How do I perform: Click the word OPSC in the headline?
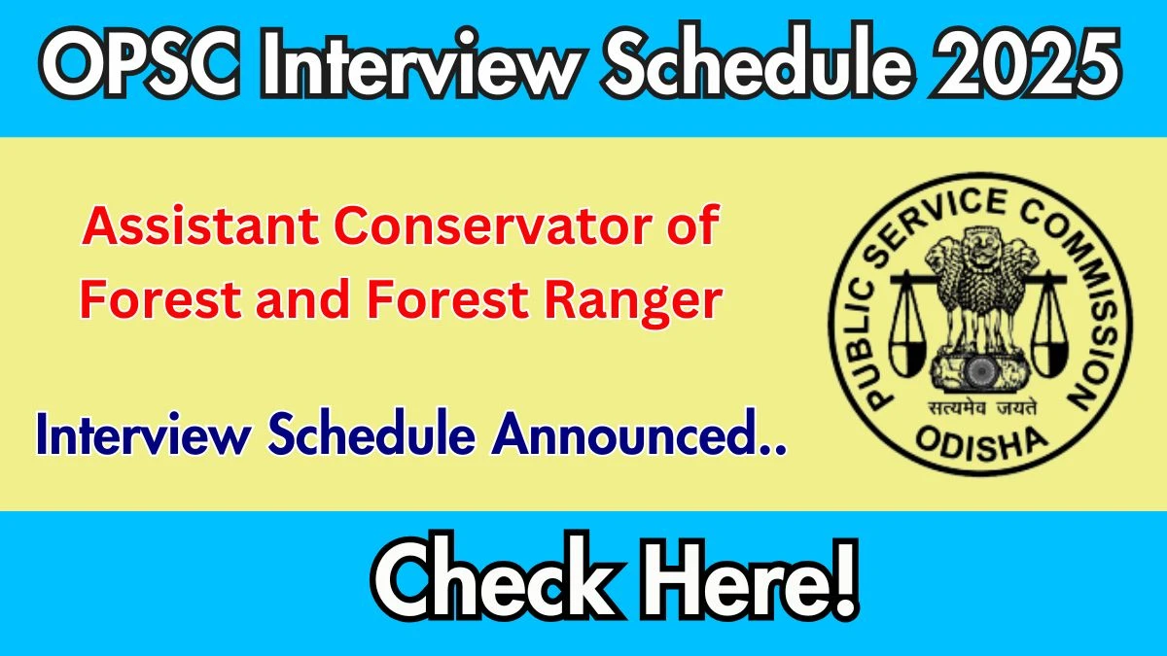click(x=140, y=63)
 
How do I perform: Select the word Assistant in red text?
click(x=200, y=225)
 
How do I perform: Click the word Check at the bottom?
click(x=492, y=581)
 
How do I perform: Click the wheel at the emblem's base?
click(x=980, y=370)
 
